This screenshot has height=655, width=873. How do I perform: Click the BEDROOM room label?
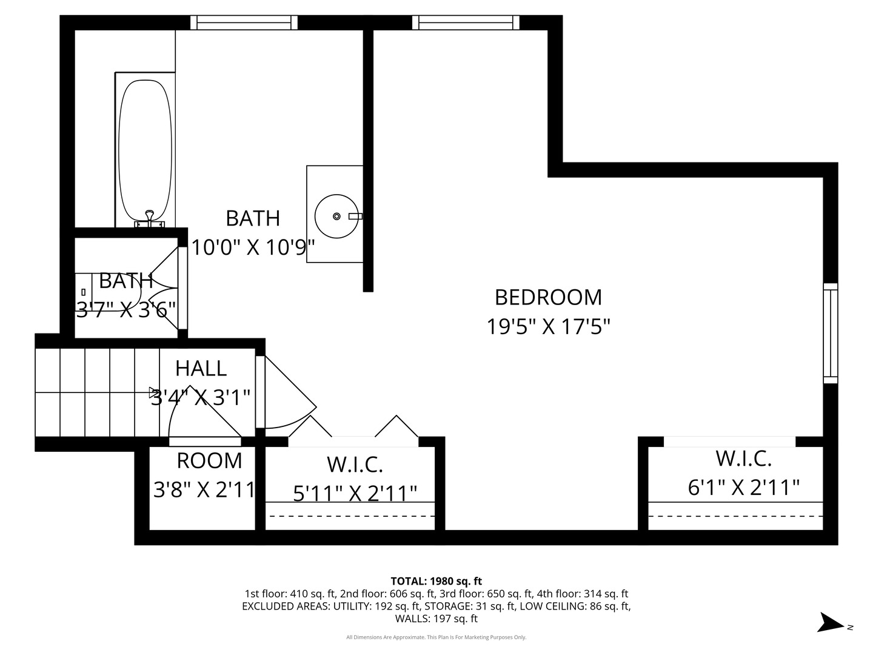pyautogui.click(x=548, y=297)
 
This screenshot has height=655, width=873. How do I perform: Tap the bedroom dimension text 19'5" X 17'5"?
pyautogui.click(x=548, y=327)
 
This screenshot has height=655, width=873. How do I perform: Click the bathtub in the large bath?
pyautogui.click(x=145, y=152)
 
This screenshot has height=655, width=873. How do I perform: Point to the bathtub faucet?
pyautogui.click(x=149, y=217)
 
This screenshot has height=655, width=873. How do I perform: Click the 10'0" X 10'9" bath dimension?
pyautogui.click(x=253, y=247)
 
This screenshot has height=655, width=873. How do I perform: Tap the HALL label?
pyautogui.click(x=201, y=368)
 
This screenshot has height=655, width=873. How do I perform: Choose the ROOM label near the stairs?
pyautogui.click(x=209, y=461)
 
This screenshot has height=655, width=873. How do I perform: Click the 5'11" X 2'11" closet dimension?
pyautogui.click(x=355, y=493)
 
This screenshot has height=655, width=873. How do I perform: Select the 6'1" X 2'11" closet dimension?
pyautogui.click(x=744, y=487)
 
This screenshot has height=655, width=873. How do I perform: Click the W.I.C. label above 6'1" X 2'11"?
pyautogui.click(x=743, y=458)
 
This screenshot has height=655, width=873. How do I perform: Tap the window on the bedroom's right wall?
pyautogui.click(x=830, y=333)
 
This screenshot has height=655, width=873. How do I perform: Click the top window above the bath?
pyautogui.click(x=244, y=22)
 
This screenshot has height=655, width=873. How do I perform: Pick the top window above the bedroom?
pyautogui.click(x=466, y=22)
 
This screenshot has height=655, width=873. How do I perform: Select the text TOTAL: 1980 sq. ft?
pyautogui.click(x=436, y=581)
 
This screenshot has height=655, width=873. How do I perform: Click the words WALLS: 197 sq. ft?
pyautogui.click(x=436, y=619)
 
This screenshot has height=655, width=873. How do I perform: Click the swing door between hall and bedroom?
pyautogui.click(x=285, y=394)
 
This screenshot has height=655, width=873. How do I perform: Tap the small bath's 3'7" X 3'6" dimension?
pyautogui.click(x=126, y=310)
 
